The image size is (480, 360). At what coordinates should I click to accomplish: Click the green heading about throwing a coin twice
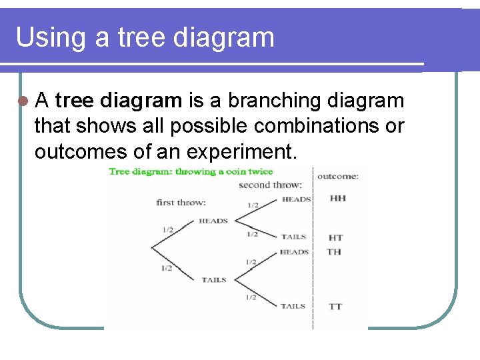tap(191, 171)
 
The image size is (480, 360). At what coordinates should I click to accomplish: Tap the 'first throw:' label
tap(181, 202)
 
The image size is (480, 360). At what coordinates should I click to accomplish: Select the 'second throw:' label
tap(270, 185)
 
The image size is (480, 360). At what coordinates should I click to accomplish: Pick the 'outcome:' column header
tap(337, 176)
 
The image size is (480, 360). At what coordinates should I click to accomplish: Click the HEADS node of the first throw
tap(213, 221)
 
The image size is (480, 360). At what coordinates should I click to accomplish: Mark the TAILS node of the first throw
tap(214, 280)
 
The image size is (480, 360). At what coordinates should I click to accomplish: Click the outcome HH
tap(337, 199)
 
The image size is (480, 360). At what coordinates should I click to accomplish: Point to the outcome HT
tap(336, 237)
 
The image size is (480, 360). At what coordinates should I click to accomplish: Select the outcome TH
tap(335, 252)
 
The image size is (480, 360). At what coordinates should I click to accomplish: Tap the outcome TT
tap(336, 307)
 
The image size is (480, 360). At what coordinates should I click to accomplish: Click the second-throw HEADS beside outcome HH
tap(296, 199)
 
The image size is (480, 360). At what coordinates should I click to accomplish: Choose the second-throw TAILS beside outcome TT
tap(293, 306)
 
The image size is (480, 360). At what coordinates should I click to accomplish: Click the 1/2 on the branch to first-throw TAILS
tap(167, 268)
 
